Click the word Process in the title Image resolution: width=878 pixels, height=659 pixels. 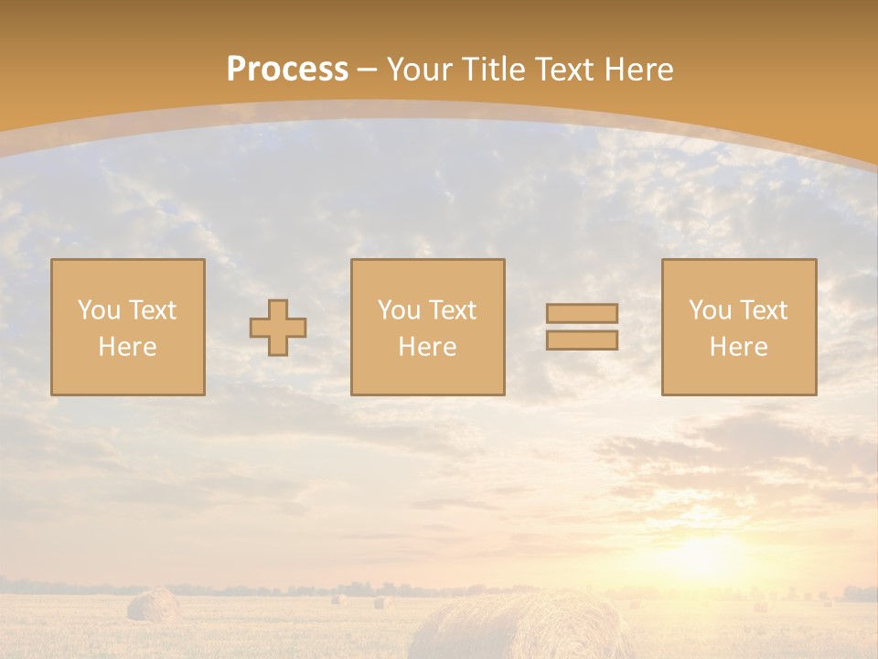[287, 70]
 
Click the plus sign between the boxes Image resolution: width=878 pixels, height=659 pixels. [278, 328]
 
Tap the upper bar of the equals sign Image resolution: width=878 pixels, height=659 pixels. [582, 314]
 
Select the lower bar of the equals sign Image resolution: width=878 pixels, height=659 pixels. [582, 340]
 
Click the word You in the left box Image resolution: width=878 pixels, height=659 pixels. [98, 310]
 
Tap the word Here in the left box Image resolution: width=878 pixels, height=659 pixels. [127, 347]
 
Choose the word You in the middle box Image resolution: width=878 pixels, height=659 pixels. [398, 310]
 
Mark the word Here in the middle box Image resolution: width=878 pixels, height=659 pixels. [427, 347]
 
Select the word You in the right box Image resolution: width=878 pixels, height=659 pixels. [709, 310]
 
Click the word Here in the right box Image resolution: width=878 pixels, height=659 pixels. [738, 347]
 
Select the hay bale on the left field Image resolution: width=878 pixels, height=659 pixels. [154, 605]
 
